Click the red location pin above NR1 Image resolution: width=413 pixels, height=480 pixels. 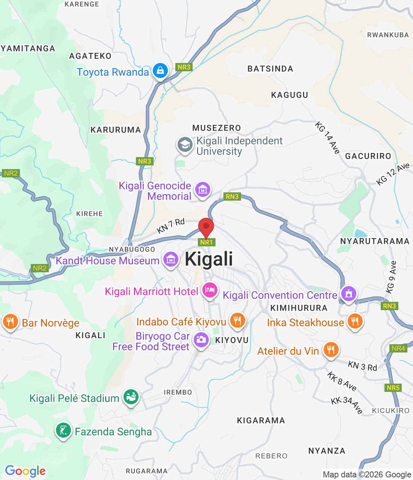coord(206,227)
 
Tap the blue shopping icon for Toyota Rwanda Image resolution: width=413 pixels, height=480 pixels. coord(160,70)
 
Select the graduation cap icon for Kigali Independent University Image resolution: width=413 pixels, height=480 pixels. coord(185,145)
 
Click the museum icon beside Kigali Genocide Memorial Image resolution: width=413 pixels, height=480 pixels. coord(203,190)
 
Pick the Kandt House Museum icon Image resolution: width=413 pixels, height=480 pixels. coord(171,259)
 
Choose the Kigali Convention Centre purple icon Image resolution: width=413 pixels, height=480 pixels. coord(349,294)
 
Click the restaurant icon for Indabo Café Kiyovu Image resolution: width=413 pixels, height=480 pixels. coord(237,321)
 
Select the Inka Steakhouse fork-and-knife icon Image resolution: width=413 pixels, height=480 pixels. coord(355,321)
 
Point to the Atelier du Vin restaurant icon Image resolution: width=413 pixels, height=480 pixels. coord(331,350)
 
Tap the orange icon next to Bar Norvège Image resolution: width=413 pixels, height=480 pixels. coord(11,322)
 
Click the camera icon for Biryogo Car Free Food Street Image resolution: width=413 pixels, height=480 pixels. coord(201,340)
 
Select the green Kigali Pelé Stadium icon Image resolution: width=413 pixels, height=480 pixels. coord(131,397)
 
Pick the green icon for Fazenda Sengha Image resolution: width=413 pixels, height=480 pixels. coord(63,430)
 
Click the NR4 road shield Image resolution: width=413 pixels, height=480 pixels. coord(398,348)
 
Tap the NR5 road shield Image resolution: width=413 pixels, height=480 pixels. coord(393,388)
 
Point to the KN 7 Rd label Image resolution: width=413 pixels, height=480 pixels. coord(171,226)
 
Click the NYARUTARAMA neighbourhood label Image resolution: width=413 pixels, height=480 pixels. coord(375,241)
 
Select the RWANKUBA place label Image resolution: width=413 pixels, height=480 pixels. coord(388,35)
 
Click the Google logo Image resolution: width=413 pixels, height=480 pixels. coord(26,471)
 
